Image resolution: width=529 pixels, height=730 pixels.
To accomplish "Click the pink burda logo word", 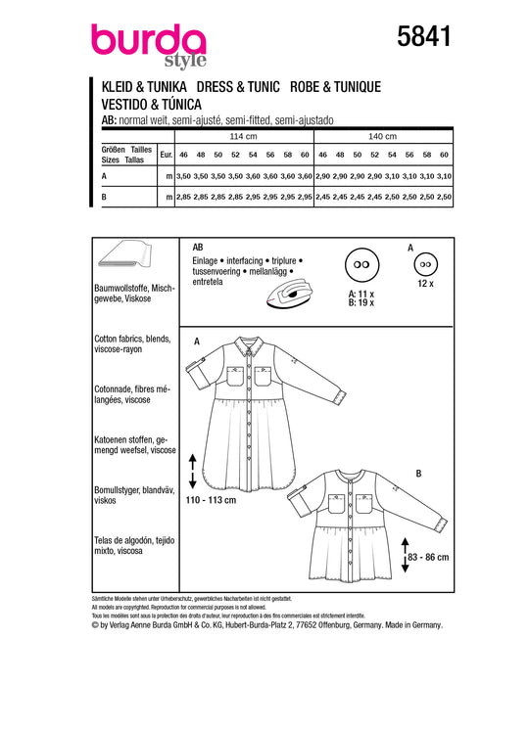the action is coord(148,40).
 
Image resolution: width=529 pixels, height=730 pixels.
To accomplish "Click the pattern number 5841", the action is coord(423,36).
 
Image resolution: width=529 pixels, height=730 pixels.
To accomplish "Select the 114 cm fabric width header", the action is coord(243,136).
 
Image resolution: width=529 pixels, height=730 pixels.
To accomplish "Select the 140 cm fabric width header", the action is coord(383,136).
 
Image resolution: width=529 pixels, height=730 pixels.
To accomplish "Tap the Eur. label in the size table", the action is coord(166,155).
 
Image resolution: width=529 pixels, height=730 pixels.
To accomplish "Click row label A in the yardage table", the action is coord(104,176).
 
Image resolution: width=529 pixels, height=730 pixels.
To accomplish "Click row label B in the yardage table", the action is coord(104,197).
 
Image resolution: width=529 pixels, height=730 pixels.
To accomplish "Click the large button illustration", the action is coord(361,264).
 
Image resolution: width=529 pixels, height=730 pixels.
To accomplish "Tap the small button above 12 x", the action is coord(425,264).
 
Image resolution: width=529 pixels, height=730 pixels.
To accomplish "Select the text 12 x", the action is coord(425,283).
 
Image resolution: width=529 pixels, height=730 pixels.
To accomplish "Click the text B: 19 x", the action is coord(361,302).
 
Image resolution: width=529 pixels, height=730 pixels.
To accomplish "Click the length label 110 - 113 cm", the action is coord(211,500).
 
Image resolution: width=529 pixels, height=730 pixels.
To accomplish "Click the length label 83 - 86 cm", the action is coord(428,557).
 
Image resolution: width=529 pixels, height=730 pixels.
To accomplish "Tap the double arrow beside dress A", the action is coord(192,471).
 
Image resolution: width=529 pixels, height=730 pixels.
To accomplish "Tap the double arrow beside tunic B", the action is coord(405,555).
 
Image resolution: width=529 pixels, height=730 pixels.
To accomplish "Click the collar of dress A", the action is coord(250,344).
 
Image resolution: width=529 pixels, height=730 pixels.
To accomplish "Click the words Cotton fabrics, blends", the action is coord(132,339).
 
